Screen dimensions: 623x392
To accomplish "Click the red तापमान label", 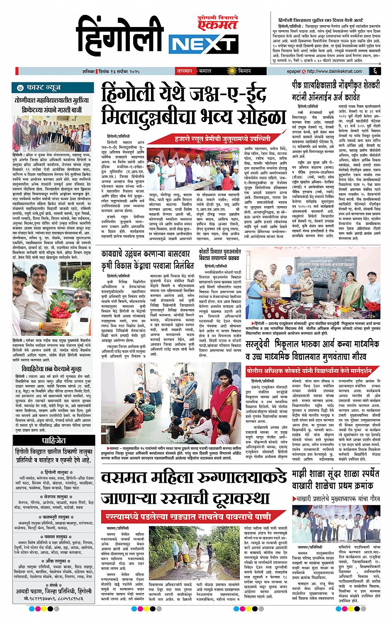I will point(183,71).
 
